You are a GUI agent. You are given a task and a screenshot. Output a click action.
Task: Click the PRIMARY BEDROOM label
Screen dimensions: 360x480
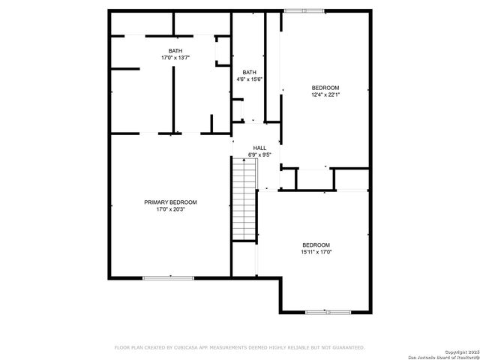(170, 202)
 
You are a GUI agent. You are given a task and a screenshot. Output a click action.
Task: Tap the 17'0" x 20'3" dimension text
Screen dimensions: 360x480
(170, 210)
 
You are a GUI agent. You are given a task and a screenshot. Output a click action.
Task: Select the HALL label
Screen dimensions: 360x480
(259, 148)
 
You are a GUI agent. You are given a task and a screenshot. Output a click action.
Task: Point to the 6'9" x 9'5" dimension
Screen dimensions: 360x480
(259, 155)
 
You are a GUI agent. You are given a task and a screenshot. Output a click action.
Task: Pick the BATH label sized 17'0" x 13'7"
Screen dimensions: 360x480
(175, 50)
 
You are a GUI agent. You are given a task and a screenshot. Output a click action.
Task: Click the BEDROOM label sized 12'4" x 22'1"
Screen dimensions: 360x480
(325, 87)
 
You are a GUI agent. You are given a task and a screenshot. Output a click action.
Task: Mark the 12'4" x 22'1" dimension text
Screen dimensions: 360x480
(325, 94)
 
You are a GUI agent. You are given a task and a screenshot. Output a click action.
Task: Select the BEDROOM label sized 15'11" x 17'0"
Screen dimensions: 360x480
(316, 245)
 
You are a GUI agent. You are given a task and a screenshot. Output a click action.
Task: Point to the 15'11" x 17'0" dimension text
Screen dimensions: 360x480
(316, 253)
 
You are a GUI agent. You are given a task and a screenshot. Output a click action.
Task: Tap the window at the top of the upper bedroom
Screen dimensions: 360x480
(304, 10)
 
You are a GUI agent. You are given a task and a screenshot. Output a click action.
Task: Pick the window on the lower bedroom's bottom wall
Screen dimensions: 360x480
(327, 310)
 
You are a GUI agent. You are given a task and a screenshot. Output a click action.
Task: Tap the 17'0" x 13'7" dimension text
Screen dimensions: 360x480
(175, 58)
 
